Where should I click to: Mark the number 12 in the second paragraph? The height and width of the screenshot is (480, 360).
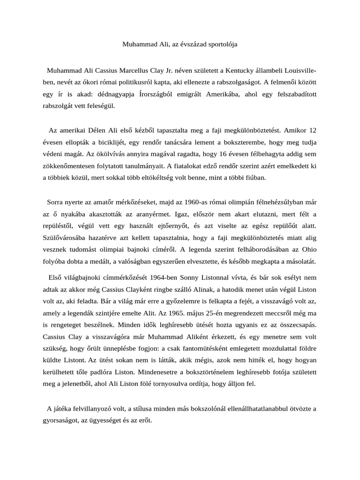pyautogui.click(x=312, y=130)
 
